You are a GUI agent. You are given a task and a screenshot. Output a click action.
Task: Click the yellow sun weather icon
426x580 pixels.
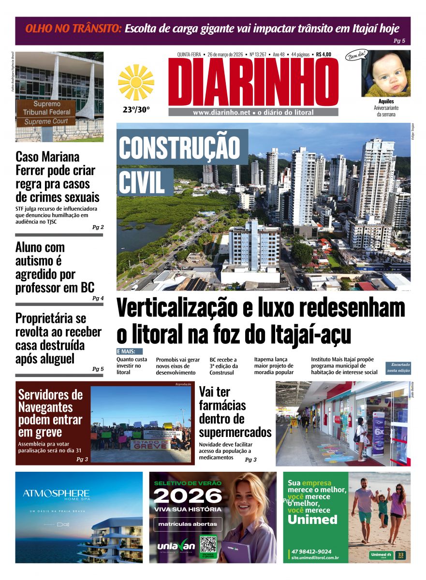point(136,83)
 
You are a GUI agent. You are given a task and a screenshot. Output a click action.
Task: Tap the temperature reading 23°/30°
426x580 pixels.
point(136,110)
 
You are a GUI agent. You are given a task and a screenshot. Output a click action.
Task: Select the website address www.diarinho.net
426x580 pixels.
point(221,113)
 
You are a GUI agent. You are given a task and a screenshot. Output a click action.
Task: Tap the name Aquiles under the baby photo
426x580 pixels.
point(386,102)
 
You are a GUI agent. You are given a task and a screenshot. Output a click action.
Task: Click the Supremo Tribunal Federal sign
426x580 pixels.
point(46,112)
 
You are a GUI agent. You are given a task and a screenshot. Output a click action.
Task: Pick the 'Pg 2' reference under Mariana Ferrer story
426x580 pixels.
point(98,227)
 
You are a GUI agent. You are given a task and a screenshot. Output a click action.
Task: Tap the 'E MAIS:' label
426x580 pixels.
point(130,351)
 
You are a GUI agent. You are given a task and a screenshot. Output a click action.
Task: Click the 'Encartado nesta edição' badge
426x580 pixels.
point(398,368)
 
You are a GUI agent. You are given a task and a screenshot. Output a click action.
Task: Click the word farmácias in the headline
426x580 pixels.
point(222,405)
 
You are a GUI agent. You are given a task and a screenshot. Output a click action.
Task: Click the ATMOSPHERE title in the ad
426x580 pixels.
point(56,493)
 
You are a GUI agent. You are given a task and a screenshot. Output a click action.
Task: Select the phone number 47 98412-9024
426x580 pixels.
point(311,551)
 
